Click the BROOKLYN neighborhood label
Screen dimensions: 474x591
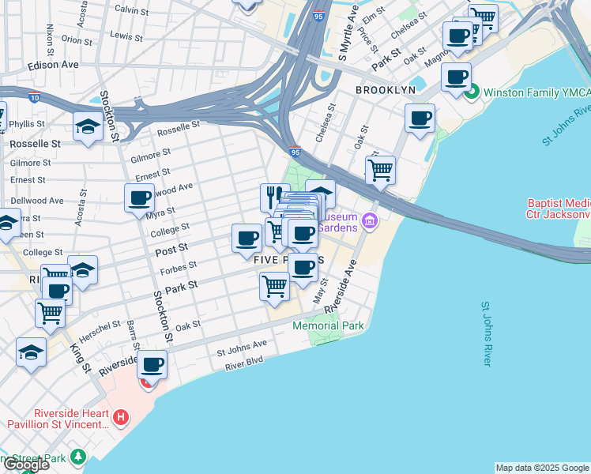385,90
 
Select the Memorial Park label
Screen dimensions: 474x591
328,325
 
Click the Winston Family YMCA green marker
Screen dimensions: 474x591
472,92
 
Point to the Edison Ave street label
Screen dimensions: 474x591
53,64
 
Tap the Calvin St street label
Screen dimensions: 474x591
131,10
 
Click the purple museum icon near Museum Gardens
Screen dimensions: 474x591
369,224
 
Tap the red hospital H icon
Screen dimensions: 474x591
120,416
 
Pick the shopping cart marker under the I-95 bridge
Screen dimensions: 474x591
381,169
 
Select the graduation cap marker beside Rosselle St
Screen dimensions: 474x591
87,126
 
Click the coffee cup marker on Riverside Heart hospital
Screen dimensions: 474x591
152,364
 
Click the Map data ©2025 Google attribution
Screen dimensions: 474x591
542,468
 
